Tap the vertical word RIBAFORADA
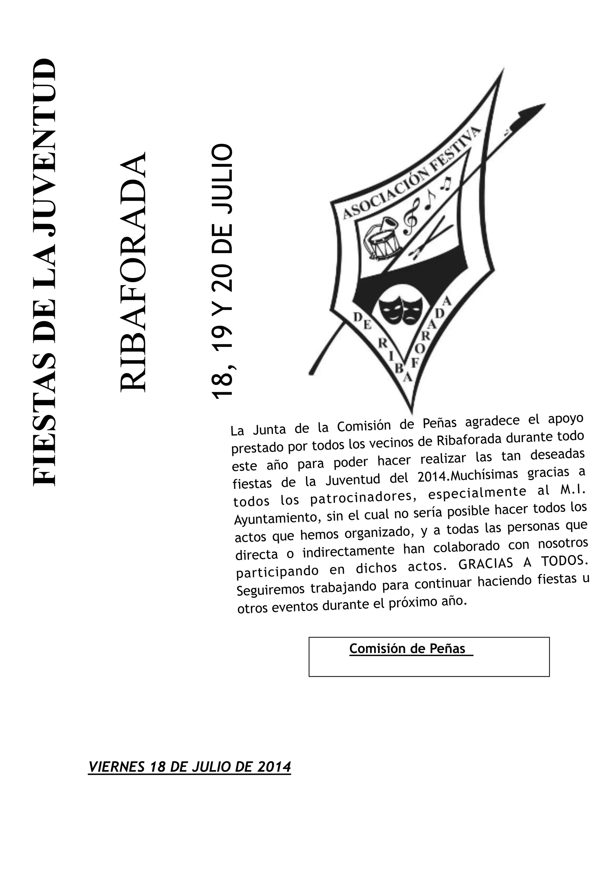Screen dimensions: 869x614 (x=133, y=272)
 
